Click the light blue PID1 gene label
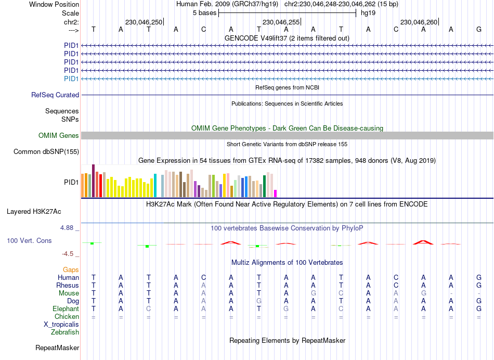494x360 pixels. [71, 79]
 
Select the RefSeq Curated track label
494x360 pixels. [55, 95]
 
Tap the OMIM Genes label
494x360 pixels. [59, 136]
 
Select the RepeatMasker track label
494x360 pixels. [57, 348]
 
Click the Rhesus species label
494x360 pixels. [68, 286]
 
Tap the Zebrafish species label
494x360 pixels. [64, 332]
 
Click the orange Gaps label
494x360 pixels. [71, 270]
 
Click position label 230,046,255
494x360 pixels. [281, 22]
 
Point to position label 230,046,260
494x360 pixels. [419, 22]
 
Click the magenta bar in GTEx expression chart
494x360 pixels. [276, 194]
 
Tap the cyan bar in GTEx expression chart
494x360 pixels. [155, 186]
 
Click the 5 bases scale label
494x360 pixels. [203, 12]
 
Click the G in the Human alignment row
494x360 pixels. [478, 278]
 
